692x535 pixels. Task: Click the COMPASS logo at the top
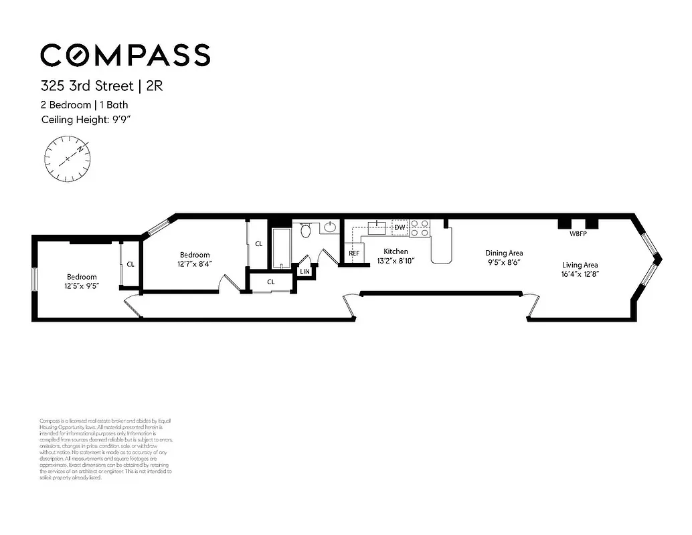coord(125,55)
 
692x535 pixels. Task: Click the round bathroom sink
coord(329,228)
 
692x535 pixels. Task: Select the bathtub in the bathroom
coord(281,247)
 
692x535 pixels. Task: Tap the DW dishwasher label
coord(400,228)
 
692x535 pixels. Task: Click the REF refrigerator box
coord(354,253)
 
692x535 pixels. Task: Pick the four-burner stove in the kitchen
coord(420,228)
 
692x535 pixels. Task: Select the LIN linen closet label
coord(305,271)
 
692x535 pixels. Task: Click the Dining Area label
coord(504,253)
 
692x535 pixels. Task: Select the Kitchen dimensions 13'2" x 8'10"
coord(396,261)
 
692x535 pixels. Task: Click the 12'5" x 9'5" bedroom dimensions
coord(82,286)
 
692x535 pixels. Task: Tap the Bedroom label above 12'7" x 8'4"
coord(195,255)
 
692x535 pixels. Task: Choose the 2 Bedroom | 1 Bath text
coord(84,105)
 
